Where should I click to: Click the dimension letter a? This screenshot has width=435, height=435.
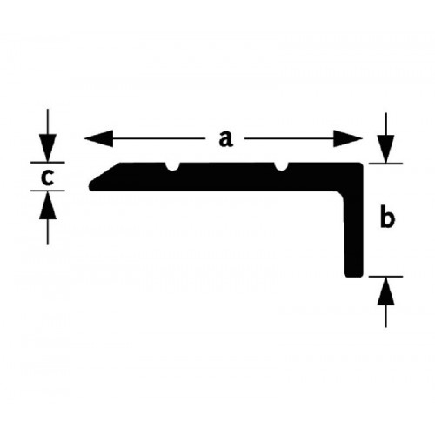[x=225, y=139]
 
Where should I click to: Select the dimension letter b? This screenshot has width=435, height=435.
[x=387, y=217]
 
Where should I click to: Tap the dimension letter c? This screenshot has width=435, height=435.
[x=47, y=177]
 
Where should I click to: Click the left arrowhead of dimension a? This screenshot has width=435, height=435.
[x=98, y=138]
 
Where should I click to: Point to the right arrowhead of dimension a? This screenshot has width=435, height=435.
[x=348, y=138]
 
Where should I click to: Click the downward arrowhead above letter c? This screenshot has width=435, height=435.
[x=48, y=148]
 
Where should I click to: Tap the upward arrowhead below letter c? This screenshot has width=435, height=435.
[x=48, y=205]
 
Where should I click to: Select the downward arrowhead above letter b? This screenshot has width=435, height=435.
[x=385, y=149]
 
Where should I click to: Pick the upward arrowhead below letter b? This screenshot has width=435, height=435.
[x=385, y=291]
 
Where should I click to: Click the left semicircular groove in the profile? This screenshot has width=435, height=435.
[x=173, y=166]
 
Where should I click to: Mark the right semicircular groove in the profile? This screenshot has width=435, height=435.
[x=281, y=166]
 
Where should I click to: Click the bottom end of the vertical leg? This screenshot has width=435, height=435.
[x=353, y=276]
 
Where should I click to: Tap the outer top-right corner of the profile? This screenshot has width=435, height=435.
[x=362, y=164]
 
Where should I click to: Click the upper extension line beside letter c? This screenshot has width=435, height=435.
[x=48, y=162]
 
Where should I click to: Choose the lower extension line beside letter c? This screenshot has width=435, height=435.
[x=48, y=191]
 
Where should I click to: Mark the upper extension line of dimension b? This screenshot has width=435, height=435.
[x=385, y=164]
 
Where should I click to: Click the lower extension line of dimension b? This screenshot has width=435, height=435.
[x=385, y=277]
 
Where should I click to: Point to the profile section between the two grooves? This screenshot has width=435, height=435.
[x=227, y=177]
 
